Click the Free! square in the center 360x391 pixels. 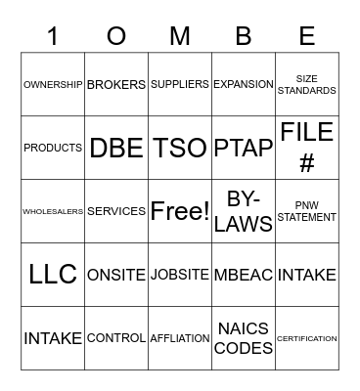[x=180, y=211]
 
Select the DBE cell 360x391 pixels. [x=116, y=148]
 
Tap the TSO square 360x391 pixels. [x=180, y=148]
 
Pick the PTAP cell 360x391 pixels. [x=244, y=148]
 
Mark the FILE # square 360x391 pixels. [x=306, y=148]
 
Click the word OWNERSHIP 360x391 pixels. [x=53, y=85]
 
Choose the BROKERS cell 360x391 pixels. [x=116, y=85]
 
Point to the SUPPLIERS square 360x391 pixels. [x=180, y=85]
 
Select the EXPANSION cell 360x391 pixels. [x=244, y=85]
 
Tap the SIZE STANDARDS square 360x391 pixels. [x=306, y=85]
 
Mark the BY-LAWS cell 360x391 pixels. [x=244, y=211]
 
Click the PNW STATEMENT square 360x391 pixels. [x=306, y=211]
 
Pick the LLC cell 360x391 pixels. [x=53, y=275]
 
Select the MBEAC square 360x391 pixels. [x=244, y=275]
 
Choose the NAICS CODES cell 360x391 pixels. [x=244, y=338]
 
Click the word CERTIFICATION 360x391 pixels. [x=306, y=338]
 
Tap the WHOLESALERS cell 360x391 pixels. [x=53, y=211]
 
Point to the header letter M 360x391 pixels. [x=180, y=36]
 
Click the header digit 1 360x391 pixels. [x=53, y=36]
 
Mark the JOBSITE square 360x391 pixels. [x=180, y=275]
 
